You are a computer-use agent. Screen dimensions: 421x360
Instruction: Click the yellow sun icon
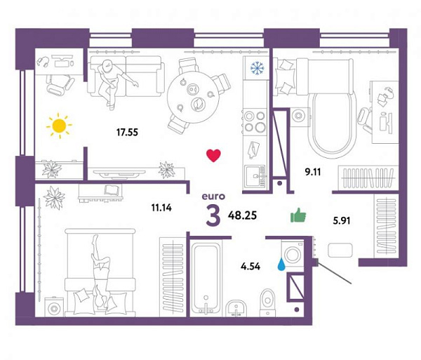tap(60, 126)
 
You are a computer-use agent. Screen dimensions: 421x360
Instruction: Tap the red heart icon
tap(213, 156)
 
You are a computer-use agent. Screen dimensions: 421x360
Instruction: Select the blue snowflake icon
tap(258, 68)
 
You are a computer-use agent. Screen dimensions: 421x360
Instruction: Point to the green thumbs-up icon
tap(298, 215)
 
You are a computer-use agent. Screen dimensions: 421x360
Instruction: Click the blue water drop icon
tap(281, 264)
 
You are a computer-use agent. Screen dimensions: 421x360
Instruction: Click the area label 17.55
tap(127, 132)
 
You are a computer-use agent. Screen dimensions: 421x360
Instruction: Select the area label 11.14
tap(161, 208)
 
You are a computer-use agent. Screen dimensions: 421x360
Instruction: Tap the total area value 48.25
tap(242, 215)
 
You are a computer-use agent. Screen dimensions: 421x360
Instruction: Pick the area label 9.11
tap(313, 172)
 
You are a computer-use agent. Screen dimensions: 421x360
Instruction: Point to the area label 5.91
tap(342, 220)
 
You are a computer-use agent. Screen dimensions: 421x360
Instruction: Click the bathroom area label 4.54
tap(250, 267)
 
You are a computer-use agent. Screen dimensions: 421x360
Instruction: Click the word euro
tap(213, 196)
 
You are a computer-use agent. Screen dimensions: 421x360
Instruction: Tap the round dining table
tap(193, 97)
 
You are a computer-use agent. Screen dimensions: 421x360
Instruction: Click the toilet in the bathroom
tap(267, 302)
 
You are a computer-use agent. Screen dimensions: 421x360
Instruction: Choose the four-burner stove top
tap(255, 121)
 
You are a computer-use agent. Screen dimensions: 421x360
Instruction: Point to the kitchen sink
tap(255, 175)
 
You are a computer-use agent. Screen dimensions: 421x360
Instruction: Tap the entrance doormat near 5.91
tap(340, 251)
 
